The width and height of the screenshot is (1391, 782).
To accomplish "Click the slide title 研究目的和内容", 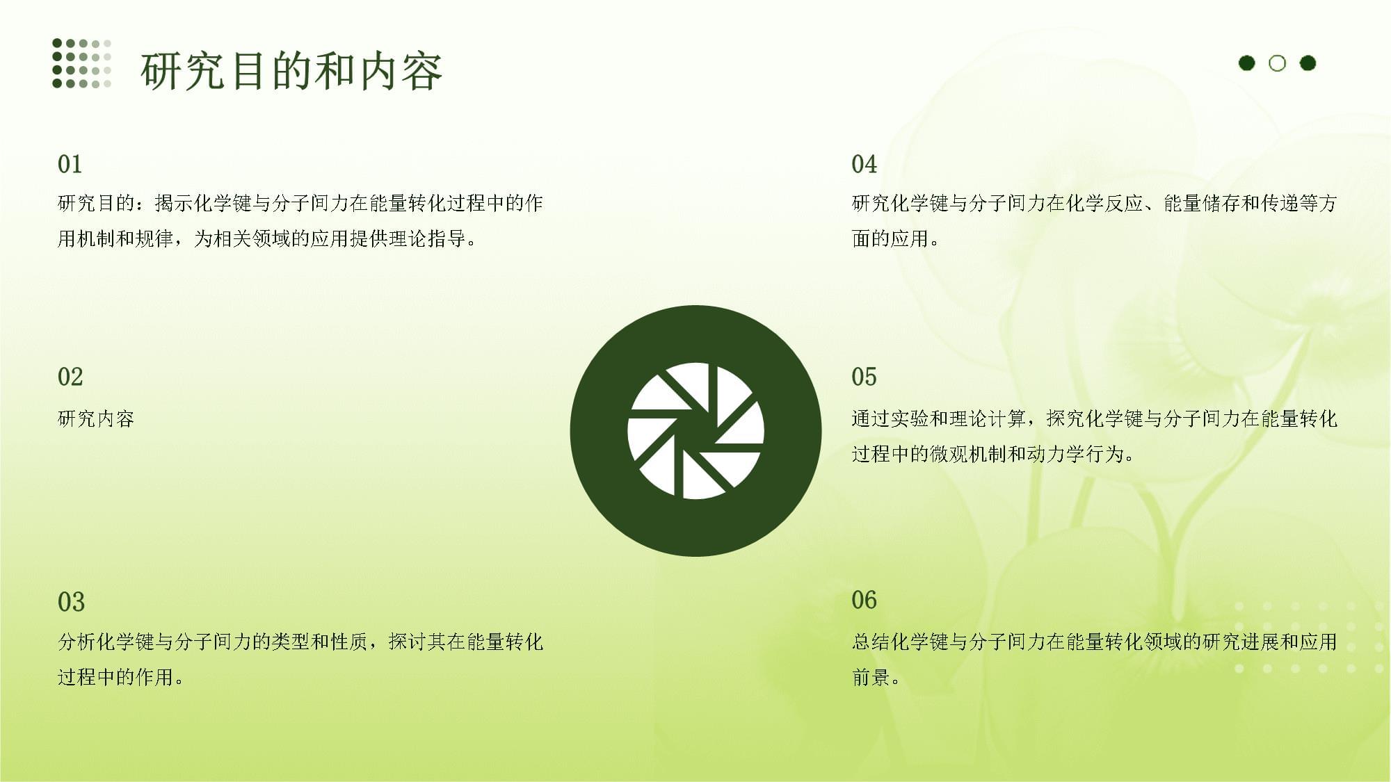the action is coord(291,71).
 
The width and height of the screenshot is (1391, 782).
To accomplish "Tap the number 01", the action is coord(70,164).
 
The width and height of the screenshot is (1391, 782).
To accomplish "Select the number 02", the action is coord(70,377).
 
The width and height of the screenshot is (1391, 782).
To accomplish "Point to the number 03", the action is coord(71,602).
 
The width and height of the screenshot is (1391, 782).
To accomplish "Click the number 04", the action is coord(865,164).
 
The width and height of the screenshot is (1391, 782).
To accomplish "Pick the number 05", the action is coord(865,377).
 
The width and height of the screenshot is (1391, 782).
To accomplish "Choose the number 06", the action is coord(865,600).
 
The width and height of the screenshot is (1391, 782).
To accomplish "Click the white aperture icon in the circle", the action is coord(695,431).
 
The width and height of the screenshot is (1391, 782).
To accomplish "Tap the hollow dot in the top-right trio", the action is coord(1277,63).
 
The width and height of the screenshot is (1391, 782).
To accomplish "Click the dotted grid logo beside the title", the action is coord(81,63).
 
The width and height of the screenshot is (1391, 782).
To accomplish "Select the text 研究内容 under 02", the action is coord(96,418).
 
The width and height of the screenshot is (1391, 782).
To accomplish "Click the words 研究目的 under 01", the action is coord(96,203).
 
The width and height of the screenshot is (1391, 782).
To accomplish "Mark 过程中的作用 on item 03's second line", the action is coord(115,677).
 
